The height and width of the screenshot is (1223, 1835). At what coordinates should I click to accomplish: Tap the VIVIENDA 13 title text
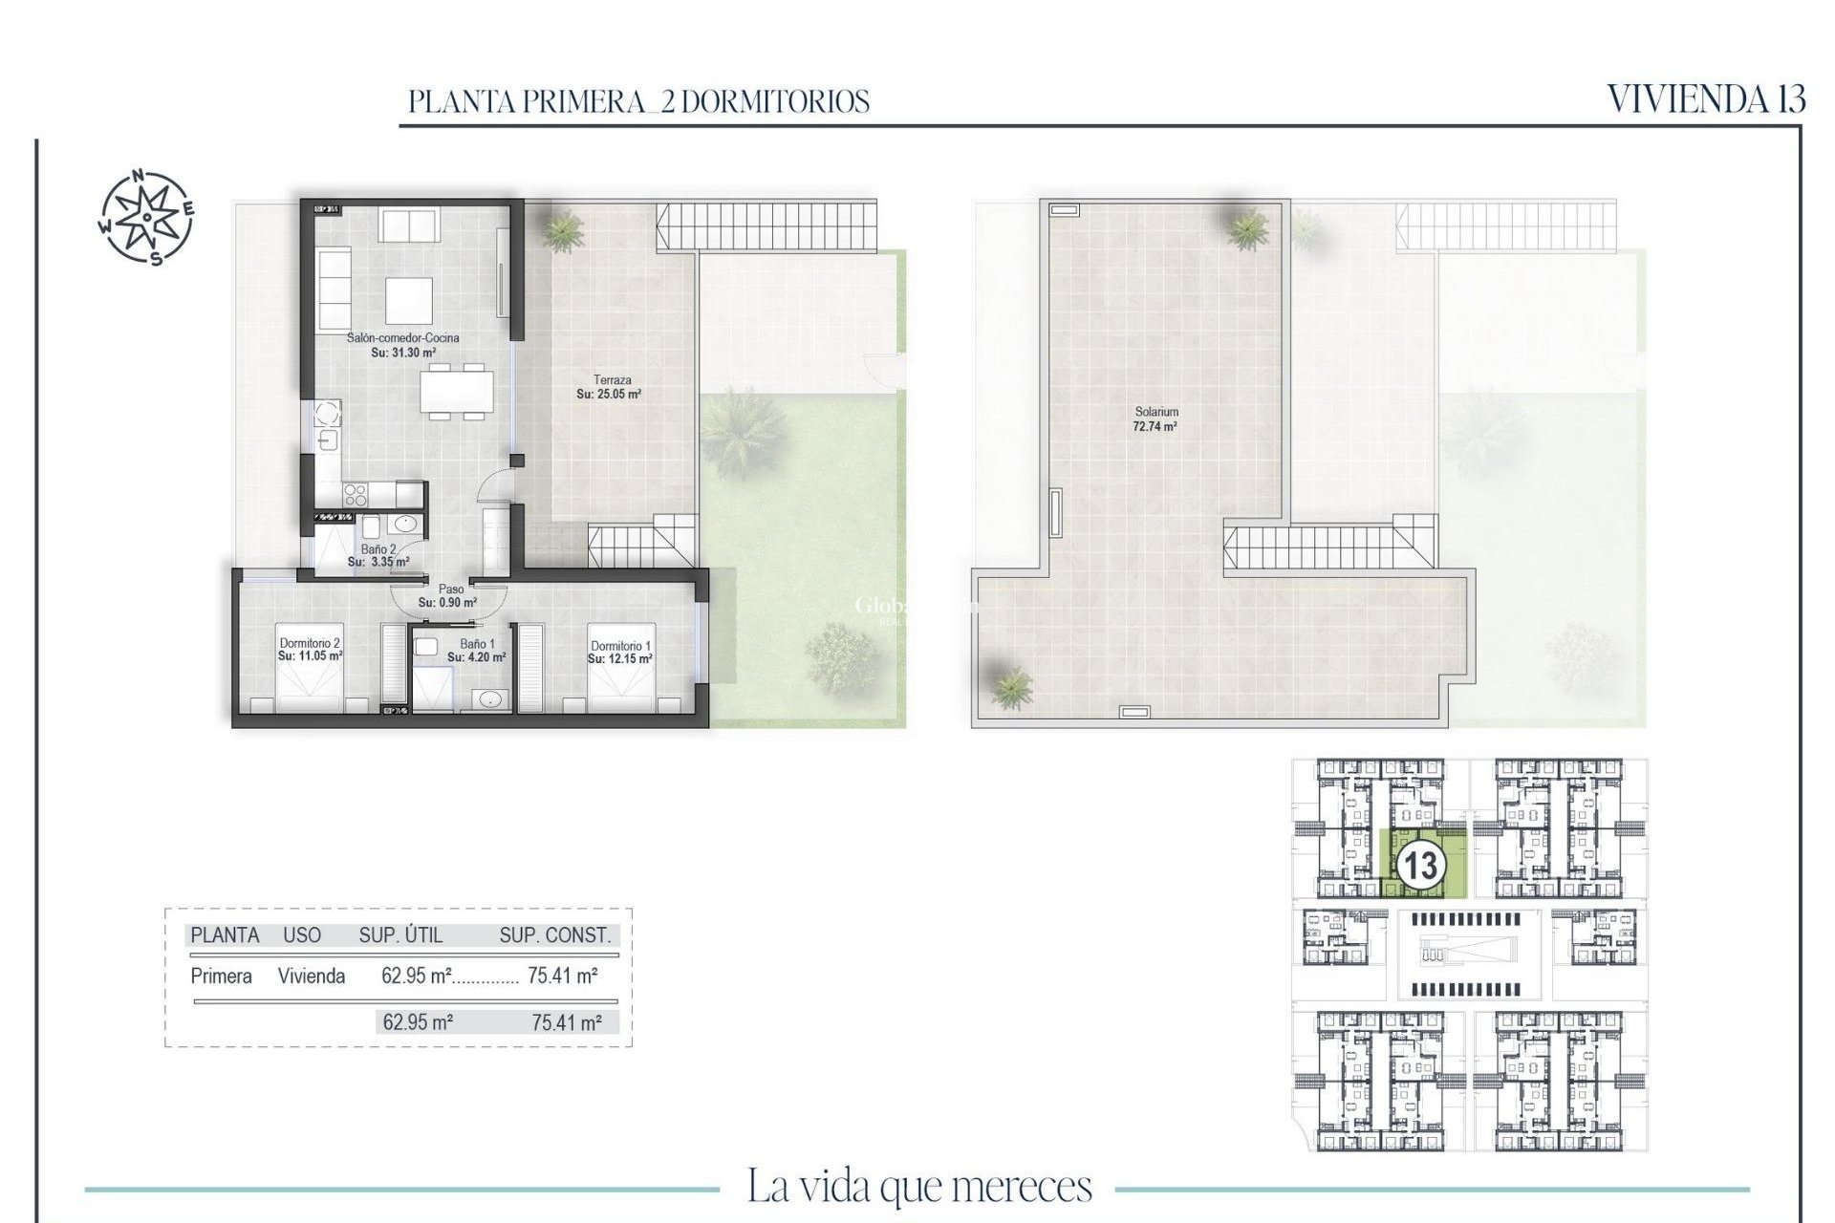click(x=1705, y=99)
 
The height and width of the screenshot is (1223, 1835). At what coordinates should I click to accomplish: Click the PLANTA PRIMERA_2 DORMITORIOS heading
click(x=638, y=101)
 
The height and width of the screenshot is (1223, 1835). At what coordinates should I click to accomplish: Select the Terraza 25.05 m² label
click(x=610, y=387)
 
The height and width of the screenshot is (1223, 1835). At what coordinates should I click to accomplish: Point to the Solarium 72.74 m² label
click(x=1155, y=419)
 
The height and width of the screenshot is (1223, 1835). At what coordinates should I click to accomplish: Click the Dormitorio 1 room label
click(x=619, y=653)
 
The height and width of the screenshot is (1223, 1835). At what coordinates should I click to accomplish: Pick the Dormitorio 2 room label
click(x=310, y=650)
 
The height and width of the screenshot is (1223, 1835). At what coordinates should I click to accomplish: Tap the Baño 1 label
click(x=476, y=651)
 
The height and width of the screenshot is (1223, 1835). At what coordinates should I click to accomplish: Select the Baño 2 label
click(x=378, y=555)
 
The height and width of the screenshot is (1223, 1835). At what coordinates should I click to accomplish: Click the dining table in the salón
click(x=457, y=390)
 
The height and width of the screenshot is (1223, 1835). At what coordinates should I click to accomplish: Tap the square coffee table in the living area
click(x=408, y=301)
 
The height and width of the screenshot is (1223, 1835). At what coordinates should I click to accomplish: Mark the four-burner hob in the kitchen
click(x=356, y=494)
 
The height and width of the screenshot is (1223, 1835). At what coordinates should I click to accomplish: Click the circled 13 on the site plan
click(x=1420, y=866)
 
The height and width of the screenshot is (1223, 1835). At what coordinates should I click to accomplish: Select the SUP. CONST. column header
click(x=554, y=935)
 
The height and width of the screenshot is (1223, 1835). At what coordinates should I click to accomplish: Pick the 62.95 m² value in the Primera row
click(x=416, y=976)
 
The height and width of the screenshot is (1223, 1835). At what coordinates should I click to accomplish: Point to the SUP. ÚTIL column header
click(x=400, y=935)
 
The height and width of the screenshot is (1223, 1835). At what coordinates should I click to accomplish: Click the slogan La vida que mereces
click(x=918, y=1186)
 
